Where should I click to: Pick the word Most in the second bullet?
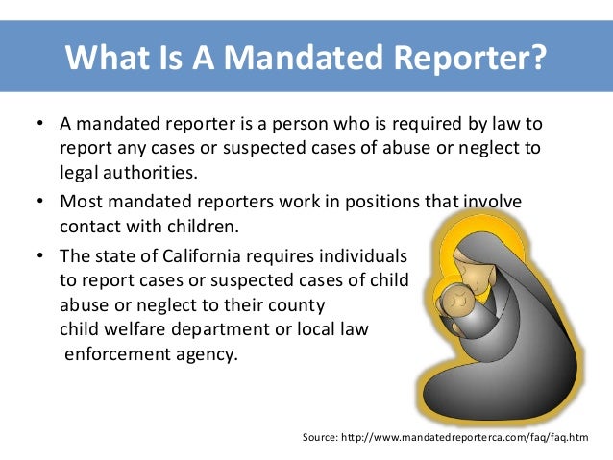pos(79,203)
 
